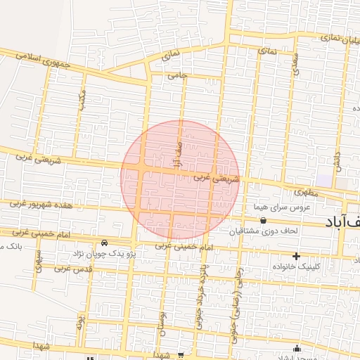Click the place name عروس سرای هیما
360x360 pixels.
pyautogui.click(x=282, y=207)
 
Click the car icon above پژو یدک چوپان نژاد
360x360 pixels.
pyautogui.click(x=104, y=243)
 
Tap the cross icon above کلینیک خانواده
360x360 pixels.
pyautogui.click(x=296, y=255)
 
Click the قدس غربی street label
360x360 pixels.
pyautogui.click(x=73, y=270)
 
